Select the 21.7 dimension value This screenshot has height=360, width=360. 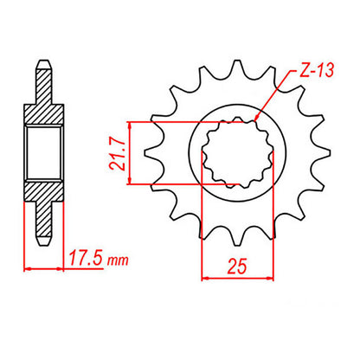tap(113, 152)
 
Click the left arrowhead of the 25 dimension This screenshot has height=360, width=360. tap(204, 280)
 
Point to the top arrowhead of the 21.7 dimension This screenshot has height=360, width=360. tap(129, 120)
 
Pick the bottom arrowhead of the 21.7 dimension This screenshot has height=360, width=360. tap(129, 183)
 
